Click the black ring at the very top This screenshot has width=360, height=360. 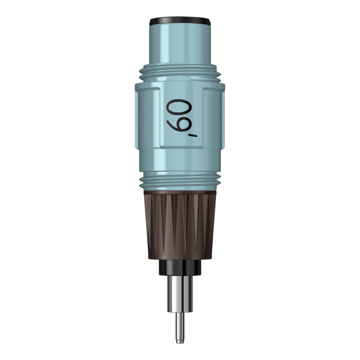[180, 21]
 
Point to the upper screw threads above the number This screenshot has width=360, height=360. [180, 73]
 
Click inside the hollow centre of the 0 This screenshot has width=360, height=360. [179, 107]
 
